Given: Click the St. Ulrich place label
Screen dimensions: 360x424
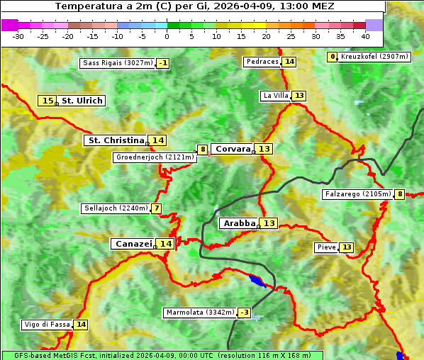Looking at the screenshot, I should click(x=82, y=101).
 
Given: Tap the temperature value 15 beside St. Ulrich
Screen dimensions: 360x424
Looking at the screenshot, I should click(x=48, y=101).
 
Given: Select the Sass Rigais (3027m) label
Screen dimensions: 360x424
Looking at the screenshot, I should click(x=118, y=63).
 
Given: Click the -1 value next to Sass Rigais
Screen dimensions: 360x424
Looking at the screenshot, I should click(x=163, y=63).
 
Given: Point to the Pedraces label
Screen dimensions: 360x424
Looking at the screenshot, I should click(x=262, y=62).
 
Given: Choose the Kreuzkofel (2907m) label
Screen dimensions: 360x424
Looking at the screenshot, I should click(x=374, y=57).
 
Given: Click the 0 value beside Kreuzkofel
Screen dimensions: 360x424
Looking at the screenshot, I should click(x=332, y=57).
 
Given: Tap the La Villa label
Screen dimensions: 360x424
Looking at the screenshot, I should click(x=275, y=96).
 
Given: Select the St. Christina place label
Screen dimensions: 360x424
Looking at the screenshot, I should click(x=115, y=140).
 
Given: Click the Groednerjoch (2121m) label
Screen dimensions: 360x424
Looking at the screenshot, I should click(x=155, y=157).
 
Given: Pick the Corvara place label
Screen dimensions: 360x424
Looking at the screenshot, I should click(x=233, y=149).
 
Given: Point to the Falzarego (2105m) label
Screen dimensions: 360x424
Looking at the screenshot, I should click(x=357, y=194).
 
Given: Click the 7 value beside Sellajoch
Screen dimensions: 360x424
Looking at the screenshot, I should click(x=156, y=208).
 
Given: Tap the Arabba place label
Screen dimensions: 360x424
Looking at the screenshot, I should click(x=239, y=223).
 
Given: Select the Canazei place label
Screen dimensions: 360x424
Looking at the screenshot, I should click(x=133, y=243).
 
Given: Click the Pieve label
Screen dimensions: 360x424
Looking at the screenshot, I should click(x=326, y=247).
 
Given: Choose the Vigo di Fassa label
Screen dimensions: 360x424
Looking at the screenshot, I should click(x=47, y=325).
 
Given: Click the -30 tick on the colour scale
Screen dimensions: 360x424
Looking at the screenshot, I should click(x=19, y=35).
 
